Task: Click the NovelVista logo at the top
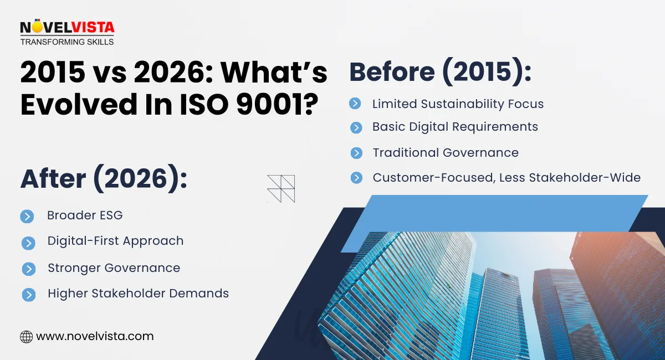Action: pyautogui.click(x=67, y=27)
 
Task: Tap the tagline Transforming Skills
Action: pyautogui.click(x=67, y=42)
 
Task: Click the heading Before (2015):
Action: pyautogui.click(x=441, y=73)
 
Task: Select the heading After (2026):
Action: pyautogui.click(x=104, y=179)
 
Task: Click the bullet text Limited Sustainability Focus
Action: pyautogui.click(x=458, y=104)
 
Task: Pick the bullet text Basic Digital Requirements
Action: pyautogui.click(x=455, y=127)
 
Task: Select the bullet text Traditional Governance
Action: pyautogui.click(x=446, y=152)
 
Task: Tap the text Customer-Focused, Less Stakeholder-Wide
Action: pyautogui.click(x=507, y=177)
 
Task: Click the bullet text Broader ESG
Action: pyautogui.click(x=85, y=215)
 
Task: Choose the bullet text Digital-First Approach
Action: pyautogui.click(x=115, y=241)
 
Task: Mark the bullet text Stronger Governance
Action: pyautogui.click(x=114, y=268)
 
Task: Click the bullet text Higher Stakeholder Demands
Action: pyautogui.click(x=138, y=294)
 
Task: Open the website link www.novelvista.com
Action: pyautogui.click(x=95, y=336)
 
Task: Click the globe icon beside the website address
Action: pyautogui.click(x=26, y=336)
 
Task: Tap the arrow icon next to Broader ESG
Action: pyautogui.click(x=27, y=216)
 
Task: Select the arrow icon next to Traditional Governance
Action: pyautogui.click(x=356, y=153)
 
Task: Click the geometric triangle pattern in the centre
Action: pyautogui.click(x=281, y=188)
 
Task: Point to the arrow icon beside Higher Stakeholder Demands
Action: pyautogui.click(x=28, y=294)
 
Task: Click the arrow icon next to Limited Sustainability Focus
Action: pyautogui.click(x=355, y=104)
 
